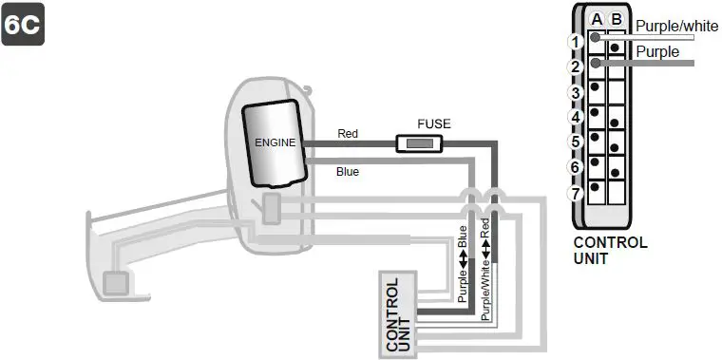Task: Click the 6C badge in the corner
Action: pyautogui.click(x=22, y=24)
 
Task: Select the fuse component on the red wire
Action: pyautogui.click(x=417, y=143)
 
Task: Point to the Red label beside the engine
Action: pyautogui.click(x=348, y=134)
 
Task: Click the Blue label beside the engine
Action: pyautogui.click(x=348, y=171)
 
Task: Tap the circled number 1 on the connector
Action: pyautogui.click(x=575, y=42)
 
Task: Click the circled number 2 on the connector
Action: pyautogui.click(x=575, y=67)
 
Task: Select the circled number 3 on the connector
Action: pyautogui.click(x=575, y=92)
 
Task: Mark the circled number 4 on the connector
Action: pyautogui.click(x=575, y=117)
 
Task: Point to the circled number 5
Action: pyautogui.click(x=575, y=142)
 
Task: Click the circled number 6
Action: pyautogui.click(x=575, y=167)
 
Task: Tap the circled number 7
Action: pyautogui.click(x=575, y=193)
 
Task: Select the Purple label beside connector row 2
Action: pyautogui.click(x=657, y=51)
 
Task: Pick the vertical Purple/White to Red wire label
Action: pyautogui.click(x=485, y=271)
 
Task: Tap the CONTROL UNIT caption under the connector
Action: pyautogui.click(x=610, y=250)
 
